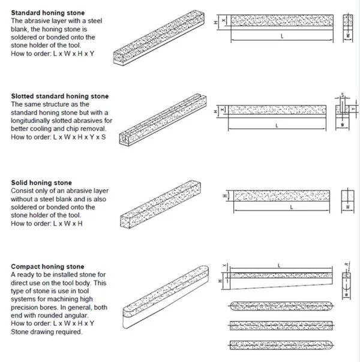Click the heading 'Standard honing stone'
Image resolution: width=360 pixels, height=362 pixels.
click(48, 13)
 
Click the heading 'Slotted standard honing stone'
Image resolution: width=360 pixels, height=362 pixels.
click(60, 96)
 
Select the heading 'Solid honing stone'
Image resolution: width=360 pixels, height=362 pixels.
click(41, 183)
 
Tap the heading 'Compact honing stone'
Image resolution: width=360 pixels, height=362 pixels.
click(47, 267)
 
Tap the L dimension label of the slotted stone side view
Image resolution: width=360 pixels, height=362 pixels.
click(277, 126)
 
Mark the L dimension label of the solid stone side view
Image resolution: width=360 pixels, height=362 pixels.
click(290, 207)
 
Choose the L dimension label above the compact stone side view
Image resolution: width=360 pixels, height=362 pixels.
click(280, 264)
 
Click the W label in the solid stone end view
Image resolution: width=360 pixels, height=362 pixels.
click(347, 207)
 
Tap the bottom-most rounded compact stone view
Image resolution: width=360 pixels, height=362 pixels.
click(281, 345)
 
